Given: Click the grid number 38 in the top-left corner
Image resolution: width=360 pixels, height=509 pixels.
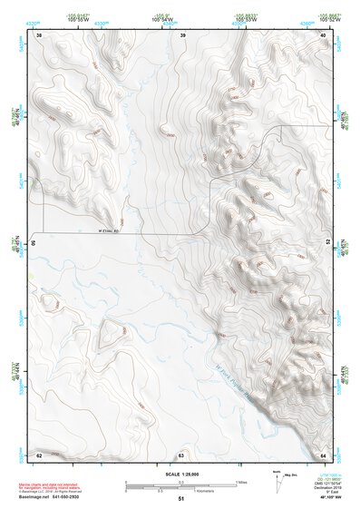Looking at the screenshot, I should point(39,34).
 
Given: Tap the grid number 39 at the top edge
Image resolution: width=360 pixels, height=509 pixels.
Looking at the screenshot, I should point(182,34).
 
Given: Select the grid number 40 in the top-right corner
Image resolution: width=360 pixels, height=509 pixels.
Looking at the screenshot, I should point(324,34).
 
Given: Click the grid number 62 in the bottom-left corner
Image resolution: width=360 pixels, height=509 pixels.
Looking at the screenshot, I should point(39,454).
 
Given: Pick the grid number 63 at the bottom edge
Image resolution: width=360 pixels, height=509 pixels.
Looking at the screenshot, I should point(181,455).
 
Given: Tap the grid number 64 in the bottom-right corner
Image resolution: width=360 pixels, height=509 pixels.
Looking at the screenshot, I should point(324,454).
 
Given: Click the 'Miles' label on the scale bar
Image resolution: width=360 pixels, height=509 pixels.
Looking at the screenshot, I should point(241,482).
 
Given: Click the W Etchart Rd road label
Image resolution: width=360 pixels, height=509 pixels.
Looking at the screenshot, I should point(109,230).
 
